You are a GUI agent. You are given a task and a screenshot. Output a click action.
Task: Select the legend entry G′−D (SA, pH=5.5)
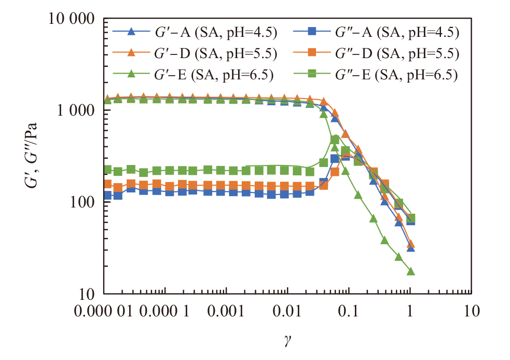tap(195, 53)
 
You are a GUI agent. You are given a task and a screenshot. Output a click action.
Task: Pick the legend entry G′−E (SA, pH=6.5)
tap(193, 75)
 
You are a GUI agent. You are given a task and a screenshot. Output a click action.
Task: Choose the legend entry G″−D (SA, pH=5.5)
tap(376, 53)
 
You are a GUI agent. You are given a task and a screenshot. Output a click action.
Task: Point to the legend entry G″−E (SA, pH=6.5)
tap(375, 75)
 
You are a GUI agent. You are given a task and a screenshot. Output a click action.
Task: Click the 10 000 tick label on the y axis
tap(72, 19)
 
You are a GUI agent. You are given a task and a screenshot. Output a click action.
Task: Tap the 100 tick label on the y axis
tap(82, 202)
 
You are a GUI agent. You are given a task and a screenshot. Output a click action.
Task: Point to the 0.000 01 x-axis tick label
tap(103, 311)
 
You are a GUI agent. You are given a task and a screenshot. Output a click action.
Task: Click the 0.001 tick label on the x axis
tap(225, 311)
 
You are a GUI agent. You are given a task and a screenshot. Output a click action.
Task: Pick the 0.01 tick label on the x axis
tap(287, 311)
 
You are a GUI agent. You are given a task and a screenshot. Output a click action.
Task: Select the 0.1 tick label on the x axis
tap(348, 311)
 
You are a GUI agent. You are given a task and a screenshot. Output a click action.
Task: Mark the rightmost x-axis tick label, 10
tap(471, 311)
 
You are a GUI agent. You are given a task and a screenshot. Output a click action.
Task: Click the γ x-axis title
tap(287, 340)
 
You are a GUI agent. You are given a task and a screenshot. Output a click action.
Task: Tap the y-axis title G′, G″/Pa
tap(31, 156)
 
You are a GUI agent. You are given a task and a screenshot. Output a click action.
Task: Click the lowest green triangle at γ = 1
tap(410, 271)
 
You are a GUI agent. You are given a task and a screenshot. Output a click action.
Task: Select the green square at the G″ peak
tap(335, 140)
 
